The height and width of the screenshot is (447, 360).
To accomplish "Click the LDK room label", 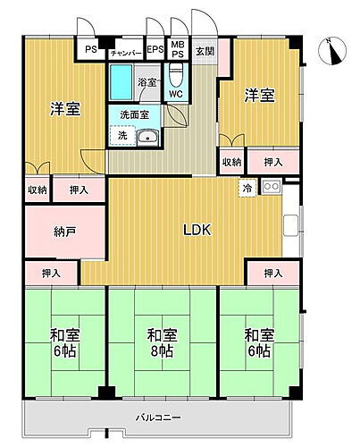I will pos(197,231).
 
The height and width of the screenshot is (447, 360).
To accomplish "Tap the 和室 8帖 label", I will pos(162,343).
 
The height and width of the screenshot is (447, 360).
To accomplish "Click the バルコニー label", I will pos(160,417).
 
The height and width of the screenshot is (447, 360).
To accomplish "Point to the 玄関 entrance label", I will pos(205,51).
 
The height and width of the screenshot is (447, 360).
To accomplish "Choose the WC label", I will pos(175,93).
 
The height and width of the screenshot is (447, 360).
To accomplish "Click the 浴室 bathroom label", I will pos(147,83).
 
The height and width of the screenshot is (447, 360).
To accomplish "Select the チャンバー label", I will pos(125,52).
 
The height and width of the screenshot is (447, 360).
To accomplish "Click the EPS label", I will pos(155,51).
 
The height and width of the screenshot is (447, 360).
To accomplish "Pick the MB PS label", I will pos(178,51).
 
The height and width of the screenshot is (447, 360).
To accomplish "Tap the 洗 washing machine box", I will pos(117,136).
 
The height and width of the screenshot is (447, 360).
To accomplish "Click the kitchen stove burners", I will pos(271,187).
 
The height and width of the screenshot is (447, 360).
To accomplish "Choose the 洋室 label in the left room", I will pos(64,109).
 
